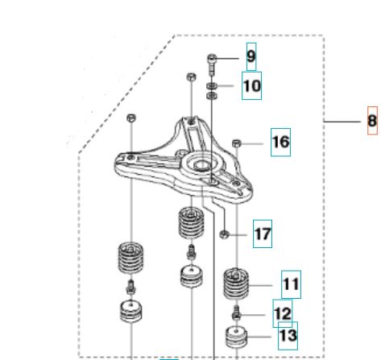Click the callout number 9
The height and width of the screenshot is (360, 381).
click(x=251, y=56)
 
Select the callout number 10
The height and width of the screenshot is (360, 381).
click(x=252, y=86)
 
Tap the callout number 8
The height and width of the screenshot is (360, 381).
click(x=372, y=121)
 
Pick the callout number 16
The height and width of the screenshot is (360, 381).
click(x=281, y=142)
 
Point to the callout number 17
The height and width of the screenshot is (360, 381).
click(x=263, y=234)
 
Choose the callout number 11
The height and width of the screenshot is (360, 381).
click(x=291, y=284)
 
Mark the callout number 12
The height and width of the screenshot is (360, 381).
click(x=283, y=313)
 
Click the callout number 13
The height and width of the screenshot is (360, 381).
click(x=288, y=335)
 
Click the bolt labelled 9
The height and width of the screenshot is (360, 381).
click(x=212, y=64)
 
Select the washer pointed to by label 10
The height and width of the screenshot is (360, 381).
click(x=212, y=86)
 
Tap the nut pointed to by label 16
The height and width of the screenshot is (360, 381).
click(x=237, y=143)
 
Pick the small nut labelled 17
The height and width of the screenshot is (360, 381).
click(x=224, y=234)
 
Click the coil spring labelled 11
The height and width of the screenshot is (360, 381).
click(x=236, y=284)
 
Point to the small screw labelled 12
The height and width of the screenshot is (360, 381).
click(x=236, y=312)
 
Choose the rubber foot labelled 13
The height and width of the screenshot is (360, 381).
click(x=236, y=337)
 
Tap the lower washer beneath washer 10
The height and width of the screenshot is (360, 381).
click(x=212, y=96)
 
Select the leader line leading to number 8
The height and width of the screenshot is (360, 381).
click(x=342, y=122)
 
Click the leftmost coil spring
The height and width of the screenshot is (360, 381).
click(x=130, y=257)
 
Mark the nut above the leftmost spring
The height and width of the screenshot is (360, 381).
click(x=131, y=118)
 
